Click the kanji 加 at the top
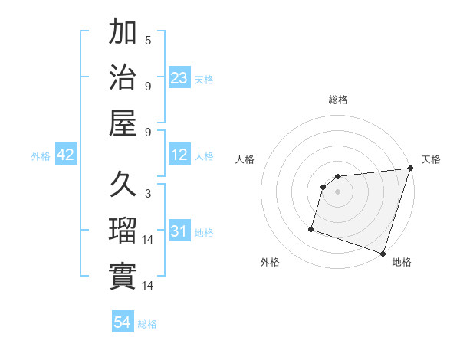[123, 34]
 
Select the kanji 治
[123, 77]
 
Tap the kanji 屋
[123, 122]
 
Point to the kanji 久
[123, 185]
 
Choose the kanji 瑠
[123, 231]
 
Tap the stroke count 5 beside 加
[148, 40]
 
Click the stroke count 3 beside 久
[148, 194]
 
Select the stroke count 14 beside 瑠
[148, 240]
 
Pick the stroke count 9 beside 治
[148, 85]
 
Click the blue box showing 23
[179, 77]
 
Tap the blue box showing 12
[179, 155]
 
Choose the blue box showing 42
[66, 155]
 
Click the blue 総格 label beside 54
[147, 324]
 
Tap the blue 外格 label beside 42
[41, 156]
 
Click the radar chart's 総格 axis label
[338, 100]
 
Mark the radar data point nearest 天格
[411, 169]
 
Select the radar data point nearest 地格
[383, 253]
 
